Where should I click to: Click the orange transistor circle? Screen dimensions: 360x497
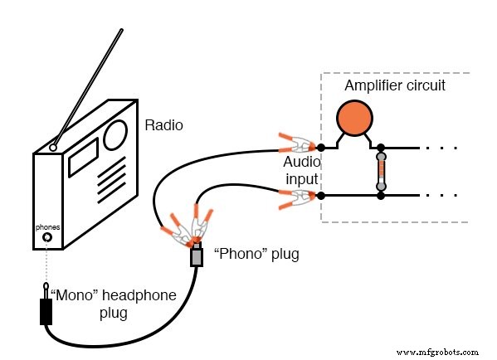[x=356, y=118]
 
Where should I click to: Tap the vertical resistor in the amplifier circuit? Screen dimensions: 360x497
[x=381, y=172]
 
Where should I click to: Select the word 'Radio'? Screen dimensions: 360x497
[x=163, y=126]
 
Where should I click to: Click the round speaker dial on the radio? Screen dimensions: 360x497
[x=115, y=134]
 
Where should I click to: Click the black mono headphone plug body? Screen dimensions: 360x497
[x=46, y=310]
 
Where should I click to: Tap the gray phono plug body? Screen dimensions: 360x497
[x=197, y=256]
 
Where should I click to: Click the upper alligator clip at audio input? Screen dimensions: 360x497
[x=294, y=143]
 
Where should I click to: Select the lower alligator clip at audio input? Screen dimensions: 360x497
[x=294, y=197]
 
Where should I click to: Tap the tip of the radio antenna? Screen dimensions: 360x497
[x=122, y=32]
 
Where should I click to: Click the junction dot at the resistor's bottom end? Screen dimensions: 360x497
[x=381, y=196]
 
